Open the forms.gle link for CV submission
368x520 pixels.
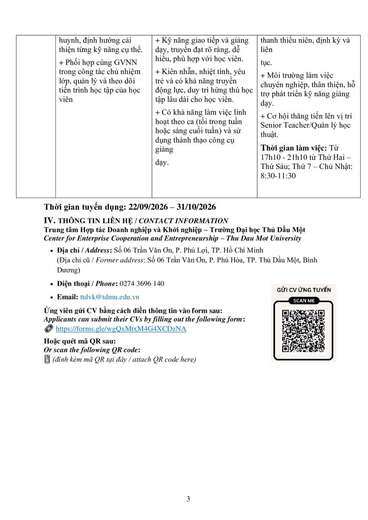click(121, 329)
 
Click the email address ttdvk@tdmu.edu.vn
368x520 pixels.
click(110, 297)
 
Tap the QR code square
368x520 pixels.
click(303, 331)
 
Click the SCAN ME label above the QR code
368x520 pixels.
click(304, 301)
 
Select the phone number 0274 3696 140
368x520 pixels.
click(142, 283)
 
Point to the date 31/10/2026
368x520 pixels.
click(196, 207)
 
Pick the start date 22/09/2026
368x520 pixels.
click(148, 207)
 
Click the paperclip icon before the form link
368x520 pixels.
click(49, 329)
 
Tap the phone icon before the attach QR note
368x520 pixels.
click(47, 359)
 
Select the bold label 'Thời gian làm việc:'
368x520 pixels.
click(294, 148)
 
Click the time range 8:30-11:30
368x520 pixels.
click(278, 176)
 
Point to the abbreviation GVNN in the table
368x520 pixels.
click(125, 62)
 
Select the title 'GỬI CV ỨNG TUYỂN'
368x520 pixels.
click(304, 290)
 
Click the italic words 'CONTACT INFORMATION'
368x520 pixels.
click(183, 221)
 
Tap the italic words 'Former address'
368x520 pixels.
click(119, 260)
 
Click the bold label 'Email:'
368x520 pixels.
click(68, 297)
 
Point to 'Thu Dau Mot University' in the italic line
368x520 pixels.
click(264, 238)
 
